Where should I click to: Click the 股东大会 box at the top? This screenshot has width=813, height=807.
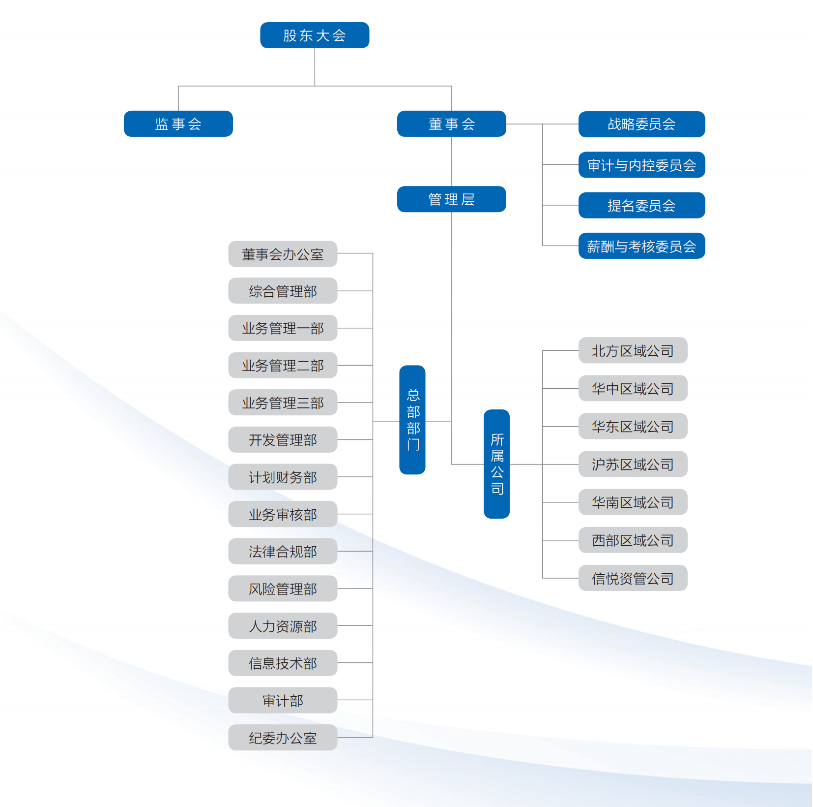(x=315, y=35)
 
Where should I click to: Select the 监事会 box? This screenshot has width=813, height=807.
(x=178, y=124)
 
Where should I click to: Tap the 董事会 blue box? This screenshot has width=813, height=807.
(x=451, y=124)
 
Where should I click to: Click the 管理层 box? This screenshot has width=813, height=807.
(x=451, y=199)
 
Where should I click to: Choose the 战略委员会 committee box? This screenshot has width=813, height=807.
(x=641, y=124)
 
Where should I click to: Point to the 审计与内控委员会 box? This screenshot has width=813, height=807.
(x=641, y=165)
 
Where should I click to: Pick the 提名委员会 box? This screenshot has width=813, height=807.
(x=641, y=206)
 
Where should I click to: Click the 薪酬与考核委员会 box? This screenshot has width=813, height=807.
(x=641, y=246)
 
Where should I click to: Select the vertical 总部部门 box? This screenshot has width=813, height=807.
(x=412, y=420)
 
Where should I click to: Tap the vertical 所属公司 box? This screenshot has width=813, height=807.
(x=496, y=464)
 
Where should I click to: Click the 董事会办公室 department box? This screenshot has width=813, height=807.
(x=283, y=254)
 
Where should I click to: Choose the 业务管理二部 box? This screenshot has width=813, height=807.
(x=283, y=366)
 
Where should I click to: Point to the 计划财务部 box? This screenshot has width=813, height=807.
(x=283, y=477)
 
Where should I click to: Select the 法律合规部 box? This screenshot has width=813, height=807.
(x=283, y=552)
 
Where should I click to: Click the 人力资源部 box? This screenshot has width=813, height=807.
(x=283, y=626)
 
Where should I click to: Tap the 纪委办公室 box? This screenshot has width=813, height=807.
(x=283, y=738)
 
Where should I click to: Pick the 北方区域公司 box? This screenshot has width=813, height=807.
(x=633, y=351)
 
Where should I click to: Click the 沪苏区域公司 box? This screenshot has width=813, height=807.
(x=633, y=465)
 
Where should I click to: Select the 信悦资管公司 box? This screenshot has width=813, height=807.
(x=633, y=578)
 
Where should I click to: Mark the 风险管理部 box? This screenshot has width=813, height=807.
(x=283, y=589)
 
